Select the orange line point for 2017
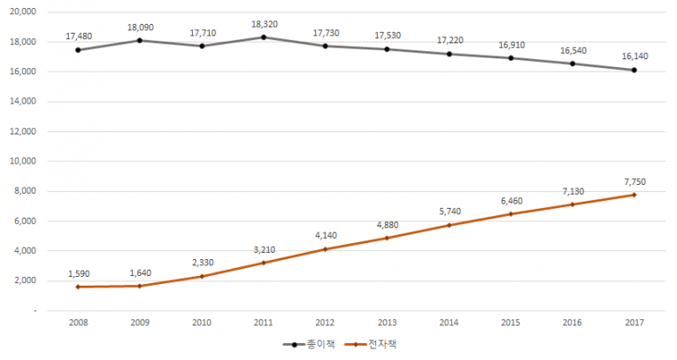click(635, 195)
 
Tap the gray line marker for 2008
click(78, 50)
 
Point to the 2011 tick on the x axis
click(264, 324)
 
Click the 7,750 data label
click(635, 181)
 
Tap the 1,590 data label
click(78, 273)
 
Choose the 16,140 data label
click(635, 56)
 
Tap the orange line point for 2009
click(140, 286)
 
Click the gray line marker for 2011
click(264, 37)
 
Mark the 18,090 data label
click(140, 27)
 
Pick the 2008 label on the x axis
click(78, 324)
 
